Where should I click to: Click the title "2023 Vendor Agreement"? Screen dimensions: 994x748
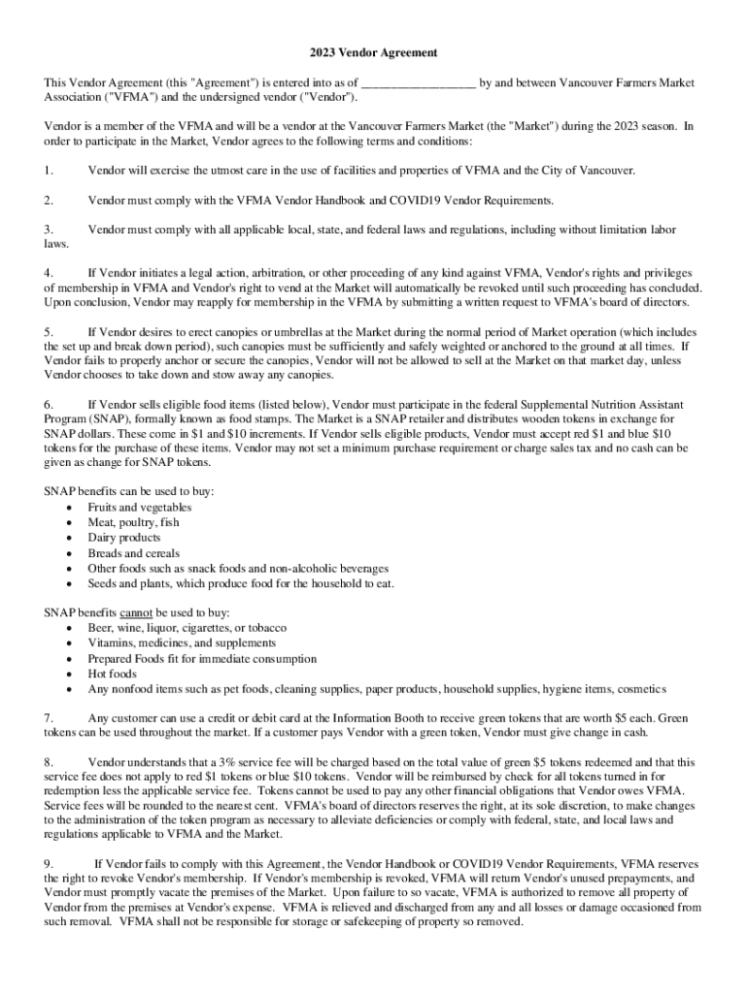(374, 51)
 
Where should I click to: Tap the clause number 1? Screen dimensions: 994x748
(48, 171)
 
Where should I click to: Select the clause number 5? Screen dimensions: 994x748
(48, 332)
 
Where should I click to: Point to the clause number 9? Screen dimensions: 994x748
(48, 864)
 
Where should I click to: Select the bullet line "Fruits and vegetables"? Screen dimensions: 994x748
(139, 508)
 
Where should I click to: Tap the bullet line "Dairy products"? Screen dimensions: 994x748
(123, 538)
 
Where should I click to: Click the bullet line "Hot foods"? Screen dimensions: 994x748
(112, 674)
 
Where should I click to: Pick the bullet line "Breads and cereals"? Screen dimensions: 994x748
(133, 553)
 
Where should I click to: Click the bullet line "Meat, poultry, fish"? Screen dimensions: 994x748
(133, 522)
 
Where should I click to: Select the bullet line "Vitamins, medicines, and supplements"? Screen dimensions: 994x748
(182, 643)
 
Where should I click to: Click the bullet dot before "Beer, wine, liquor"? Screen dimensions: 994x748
(68, 628)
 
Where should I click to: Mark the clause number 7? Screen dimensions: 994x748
(48, 717)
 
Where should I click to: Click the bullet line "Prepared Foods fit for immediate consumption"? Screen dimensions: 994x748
(202, 658)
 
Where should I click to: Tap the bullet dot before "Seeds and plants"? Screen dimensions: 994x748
(68, 584)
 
